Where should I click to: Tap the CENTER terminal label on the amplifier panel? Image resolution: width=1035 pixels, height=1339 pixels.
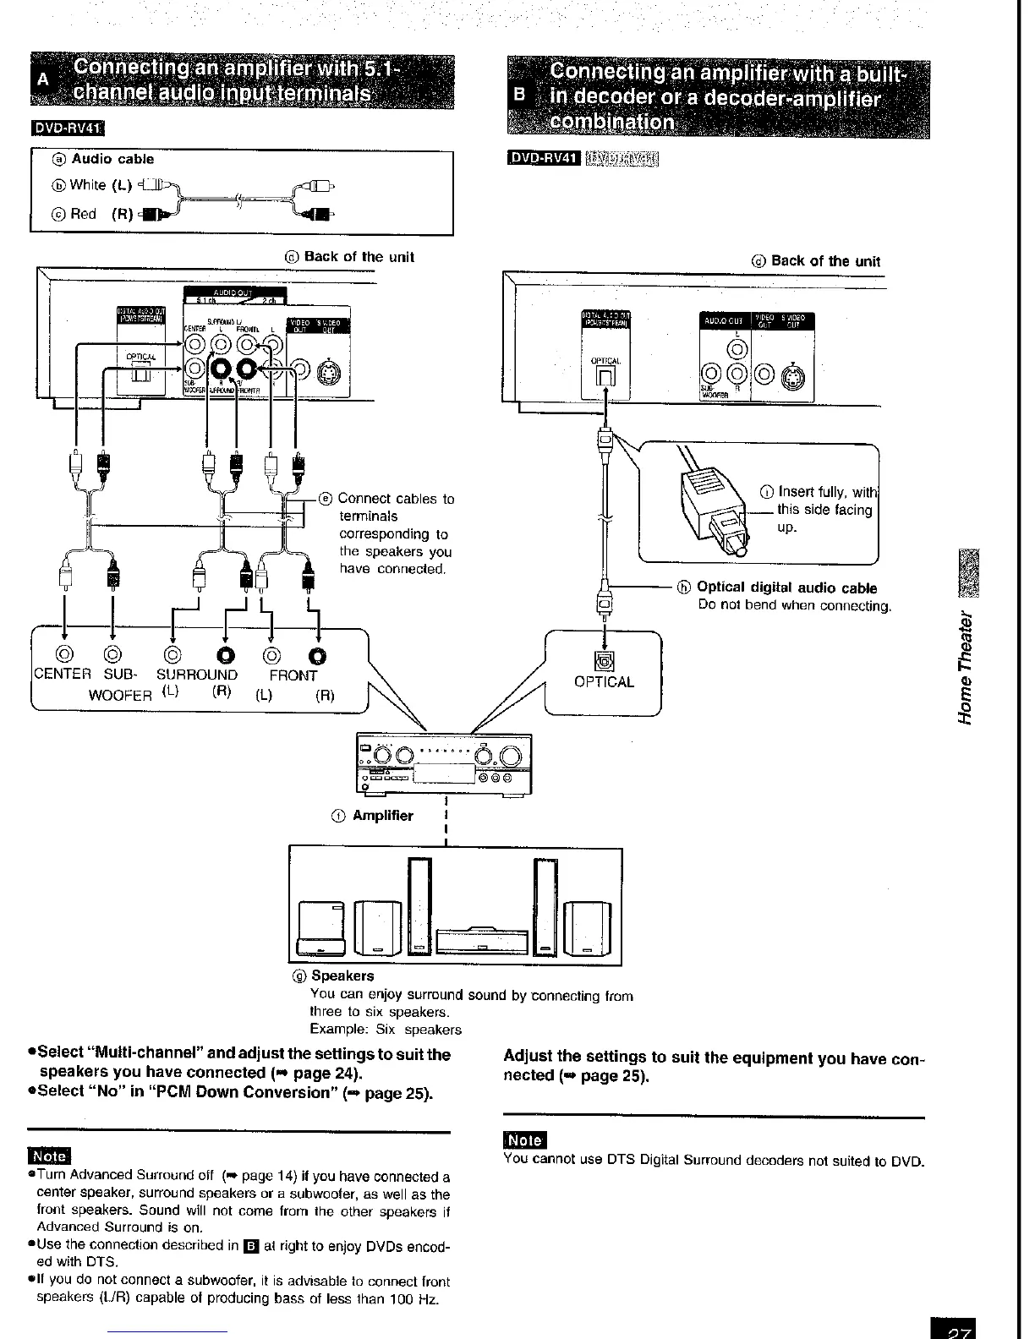pos(62,675)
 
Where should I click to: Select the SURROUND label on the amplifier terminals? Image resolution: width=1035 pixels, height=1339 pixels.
pos(197,675)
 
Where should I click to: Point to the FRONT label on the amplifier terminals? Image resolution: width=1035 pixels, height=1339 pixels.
pos(293,675)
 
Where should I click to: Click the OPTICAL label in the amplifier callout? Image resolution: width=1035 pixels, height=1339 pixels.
pos(604,682)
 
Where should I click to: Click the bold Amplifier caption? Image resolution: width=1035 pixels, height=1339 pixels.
pos(382,816)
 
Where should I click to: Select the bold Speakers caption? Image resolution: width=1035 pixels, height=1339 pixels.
pos(342,976)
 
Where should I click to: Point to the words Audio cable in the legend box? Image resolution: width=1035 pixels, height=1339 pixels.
pos(112,159)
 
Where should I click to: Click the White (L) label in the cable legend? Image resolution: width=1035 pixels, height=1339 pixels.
pos(100,185)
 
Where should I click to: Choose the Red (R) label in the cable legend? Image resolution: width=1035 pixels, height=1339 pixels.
pos(95,214)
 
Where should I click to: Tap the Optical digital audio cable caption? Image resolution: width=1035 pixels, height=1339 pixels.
pos(786,588)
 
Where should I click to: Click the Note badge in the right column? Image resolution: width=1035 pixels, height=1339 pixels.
pos(525,1141)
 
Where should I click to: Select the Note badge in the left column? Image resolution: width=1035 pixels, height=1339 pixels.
pos(50,1156)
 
